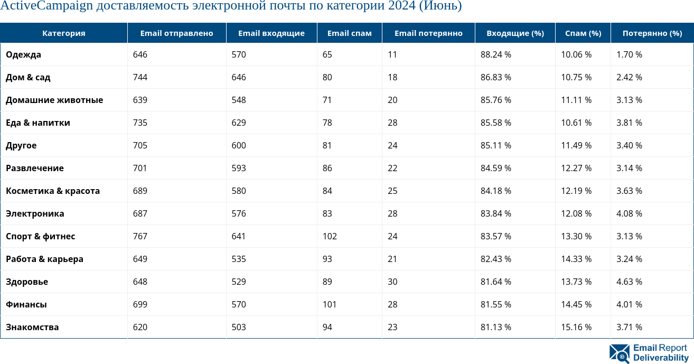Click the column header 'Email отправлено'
(176, 33)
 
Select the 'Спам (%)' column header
(583, 33)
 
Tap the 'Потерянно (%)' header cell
(652, 33)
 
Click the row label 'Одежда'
(23, 54)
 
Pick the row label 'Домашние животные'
(54, 100)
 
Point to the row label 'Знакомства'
(32, 327)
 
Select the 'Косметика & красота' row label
(53, 191)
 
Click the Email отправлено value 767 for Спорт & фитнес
(140, 236)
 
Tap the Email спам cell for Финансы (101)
(330, 304)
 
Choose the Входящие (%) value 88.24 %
(495, 54)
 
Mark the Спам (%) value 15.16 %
(576, 327)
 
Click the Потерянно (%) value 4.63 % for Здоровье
(629, 282)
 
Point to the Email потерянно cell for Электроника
(392, 213)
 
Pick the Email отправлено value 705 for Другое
(140, 145)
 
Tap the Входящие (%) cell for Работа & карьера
(495, 259)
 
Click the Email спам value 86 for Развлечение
(327, 168)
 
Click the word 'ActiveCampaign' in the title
(46, 6)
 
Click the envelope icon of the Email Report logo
(620, 353)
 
